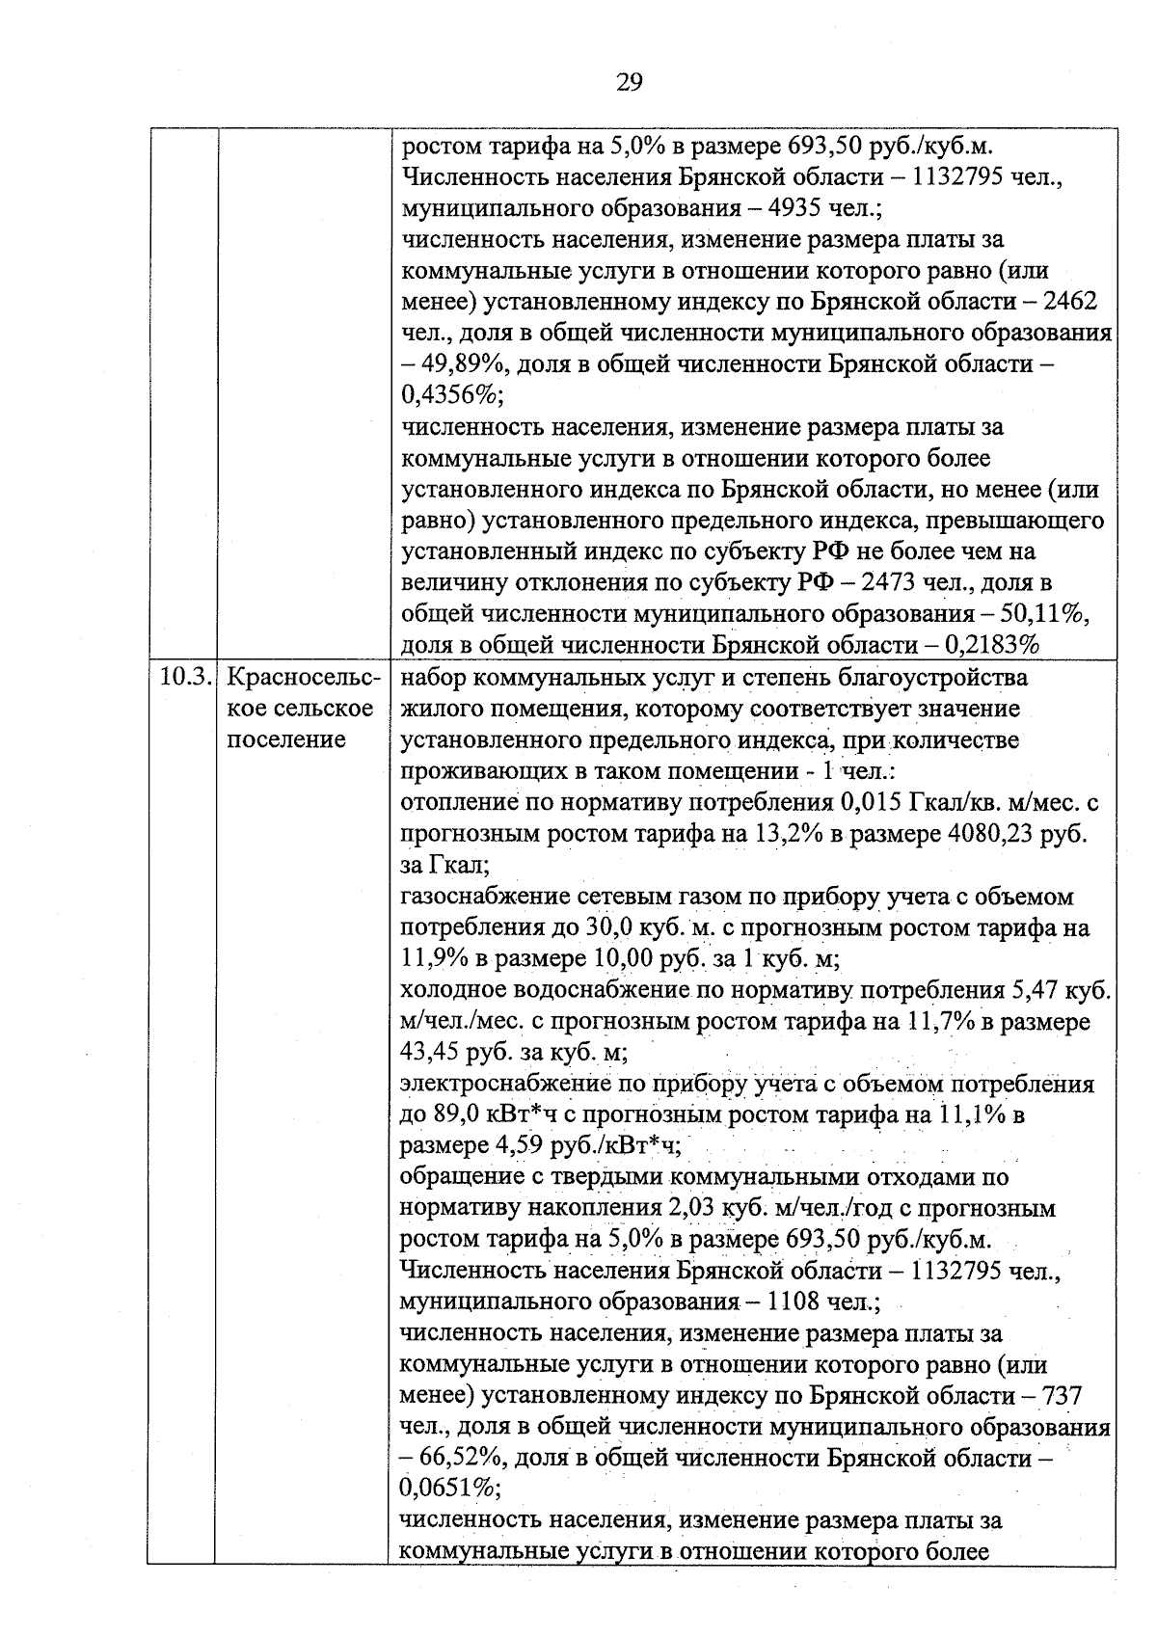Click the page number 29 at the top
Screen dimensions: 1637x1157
tap(629, 83)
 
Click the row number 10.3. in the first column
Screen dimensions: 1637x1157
tap(183, 677)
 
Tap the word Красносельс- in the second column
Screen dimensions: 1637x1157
tap(302, 677)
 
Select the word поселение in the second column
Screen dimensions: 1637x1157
tap(284, 739)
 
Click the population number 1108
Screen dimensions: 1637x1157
tap(796, 1302)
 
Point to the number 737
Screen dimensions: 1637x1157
tap(1062, 1396)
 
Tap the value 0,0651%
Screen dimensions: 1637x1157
tap(449, 1489)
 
